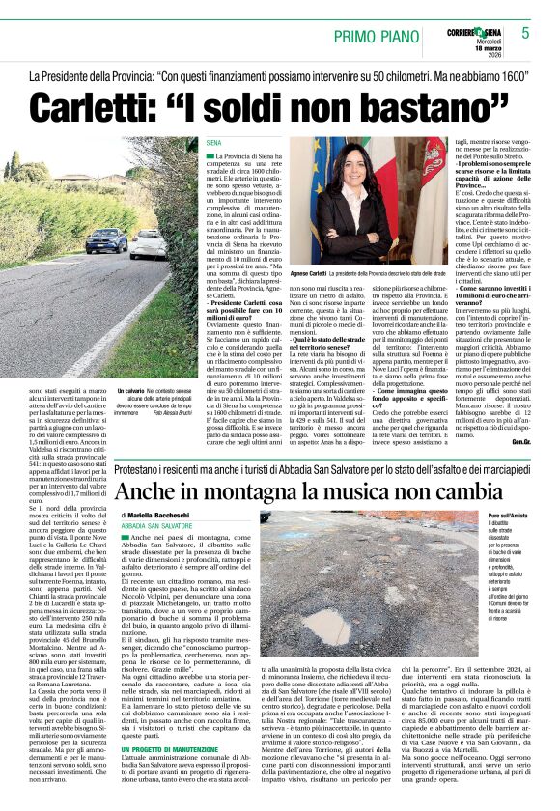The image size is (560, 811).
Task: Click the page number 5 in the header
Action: (525, 33)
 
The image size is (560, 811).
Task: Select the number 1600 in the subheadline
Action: (510, 74)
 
